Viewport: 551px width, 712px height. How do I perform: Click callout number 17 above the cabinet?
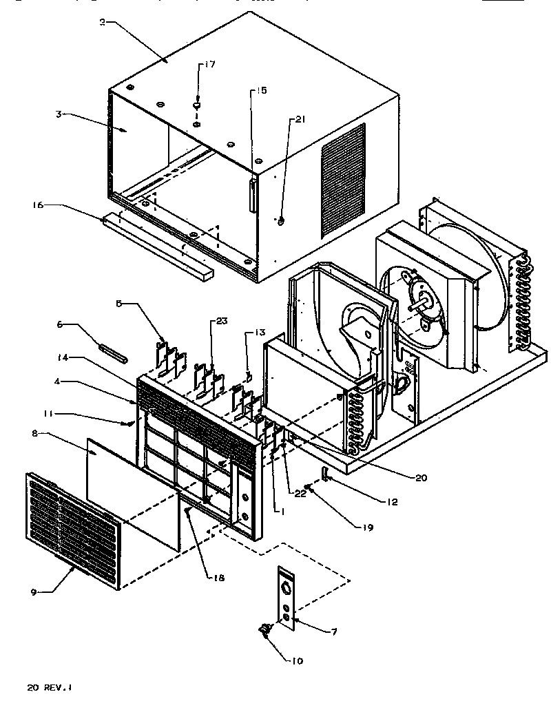pyautogui.click(x=209, y=65)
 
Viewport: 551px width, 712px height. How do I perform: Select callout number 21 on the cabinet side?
pyautogui.click(x=300, y=119)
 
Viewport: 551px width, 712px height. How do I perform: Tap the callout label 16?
pyautogui.click(x=38, y=205)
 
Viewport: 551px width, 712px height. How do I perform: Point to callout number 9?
pyautogui.click(x=34, y=591)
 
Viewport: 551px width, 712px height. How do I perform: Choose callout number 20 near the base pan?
pyautogui.click(x=420, y=477)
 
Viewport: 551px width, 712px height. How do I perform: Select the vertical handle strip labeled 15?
pyautogui.click(x=252, y=194)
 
